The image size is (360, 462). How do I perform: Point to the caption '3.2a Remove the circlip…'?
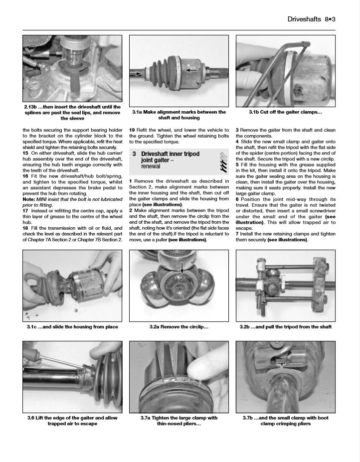pyautogui.click(x=179, y=327)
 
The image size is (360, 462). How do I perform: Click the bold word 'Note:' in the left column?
pyautogui.click(x=29, y=199)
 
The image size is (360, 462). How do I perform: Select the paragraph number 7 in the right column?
pyautogui.click(x=237, y=234)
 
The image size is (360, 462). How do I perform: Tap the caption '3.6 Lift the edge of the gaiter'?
pyautogui.click(x=72, y=421)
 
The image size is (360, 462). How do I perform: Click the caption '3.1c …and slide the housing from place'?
pyautogui.click(x=72, y=327)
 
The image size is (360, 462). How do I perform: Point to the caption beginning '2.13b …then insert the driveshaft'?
pyautogui.click(x=72, y=112)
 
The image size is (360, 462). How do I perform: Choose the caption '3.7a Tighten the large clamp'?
pyautogui.click(x=179, y=421)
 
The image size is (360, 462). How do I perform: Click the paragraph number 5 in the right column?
pyautogui.click(x=237, y=164)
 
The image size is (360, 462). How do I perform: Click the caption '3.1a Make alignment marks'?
pyautogui.click(x=179, y=115)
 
